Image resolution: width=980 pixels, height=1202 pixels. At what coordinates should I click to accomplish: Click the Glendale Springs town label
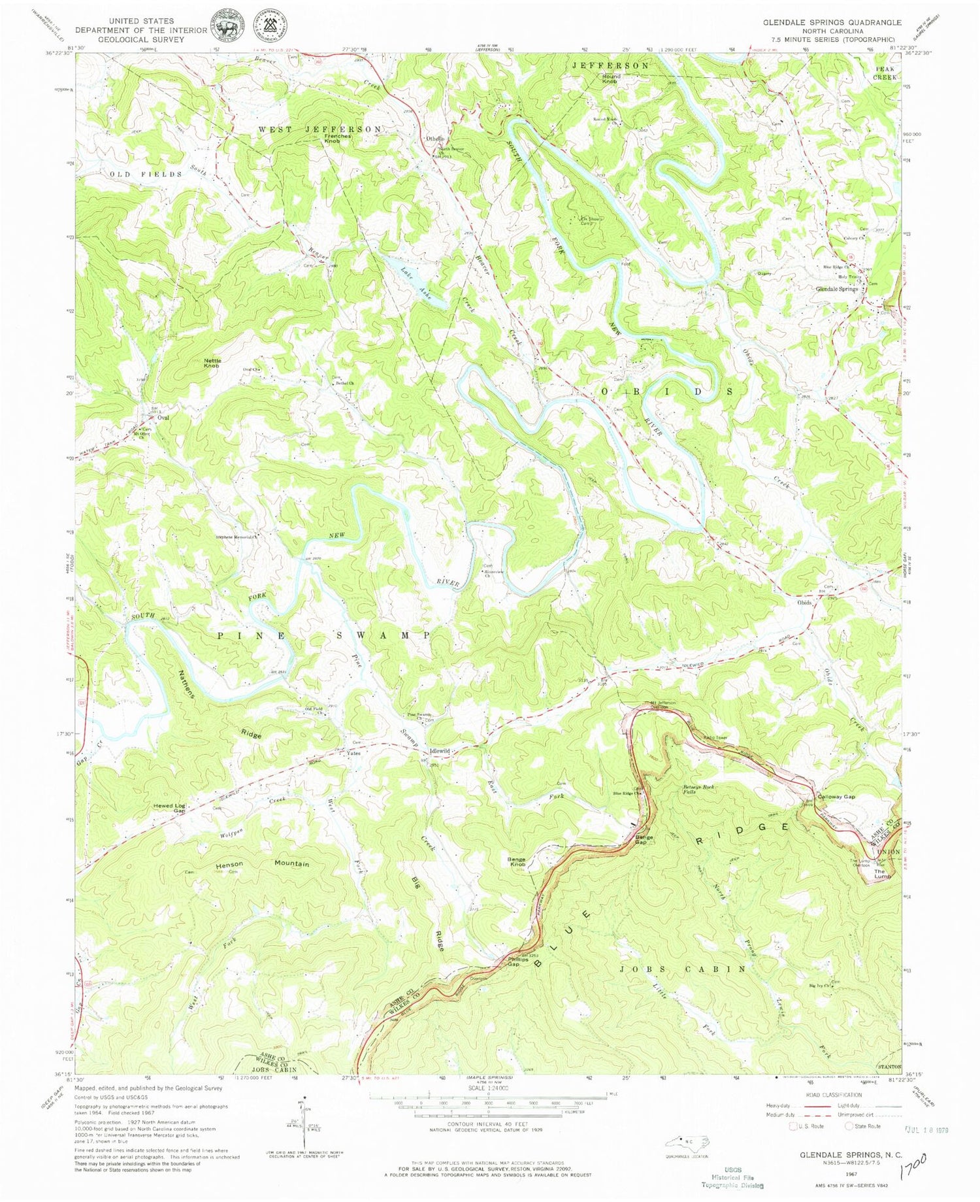pyautogui.click(x=836, y=289)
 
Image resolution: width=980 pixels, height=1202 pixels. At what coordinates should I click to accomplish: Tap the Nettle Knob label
pyautogui.click(x=212, y=363)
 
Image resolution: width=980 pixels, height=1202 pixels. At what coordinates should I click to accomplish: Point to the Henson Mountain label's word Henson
pyautogui.click(x=229, y=864)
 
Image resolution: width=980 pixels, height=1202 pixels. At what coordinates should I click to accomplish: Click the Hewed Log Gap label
pyautogui.click(x=170, y=808)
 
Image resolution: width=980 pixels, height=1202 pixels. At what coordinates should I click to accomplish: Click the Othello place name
pyautogui.click(x=435, y=139)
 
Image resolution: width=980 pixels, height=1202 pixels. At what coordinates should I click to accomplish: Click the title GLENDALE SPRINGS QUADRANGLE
pyautogui.click(x=832, y=22)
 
